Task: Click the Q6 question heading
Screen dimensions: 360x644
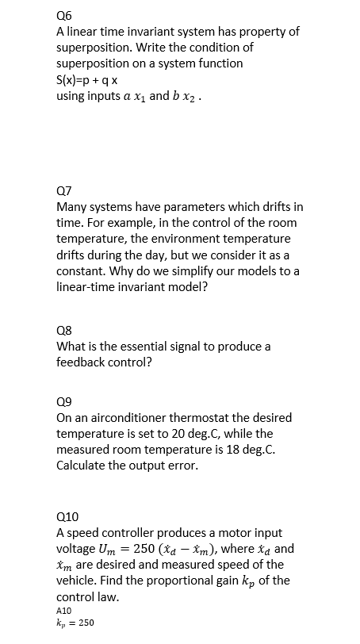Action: tap(64, 14)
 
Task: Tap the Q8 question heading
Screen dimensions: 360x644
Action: tap(64, 329)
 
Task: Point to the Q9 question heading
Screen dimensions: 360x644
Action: tap(64, 401)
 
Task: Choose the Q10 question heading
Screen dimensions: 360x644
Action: tap(67, 515)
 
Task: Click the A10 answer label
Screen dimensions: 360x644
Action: tap(65, 610)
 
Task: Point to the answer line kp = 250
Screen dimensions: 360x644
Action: tap(76, 623)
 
